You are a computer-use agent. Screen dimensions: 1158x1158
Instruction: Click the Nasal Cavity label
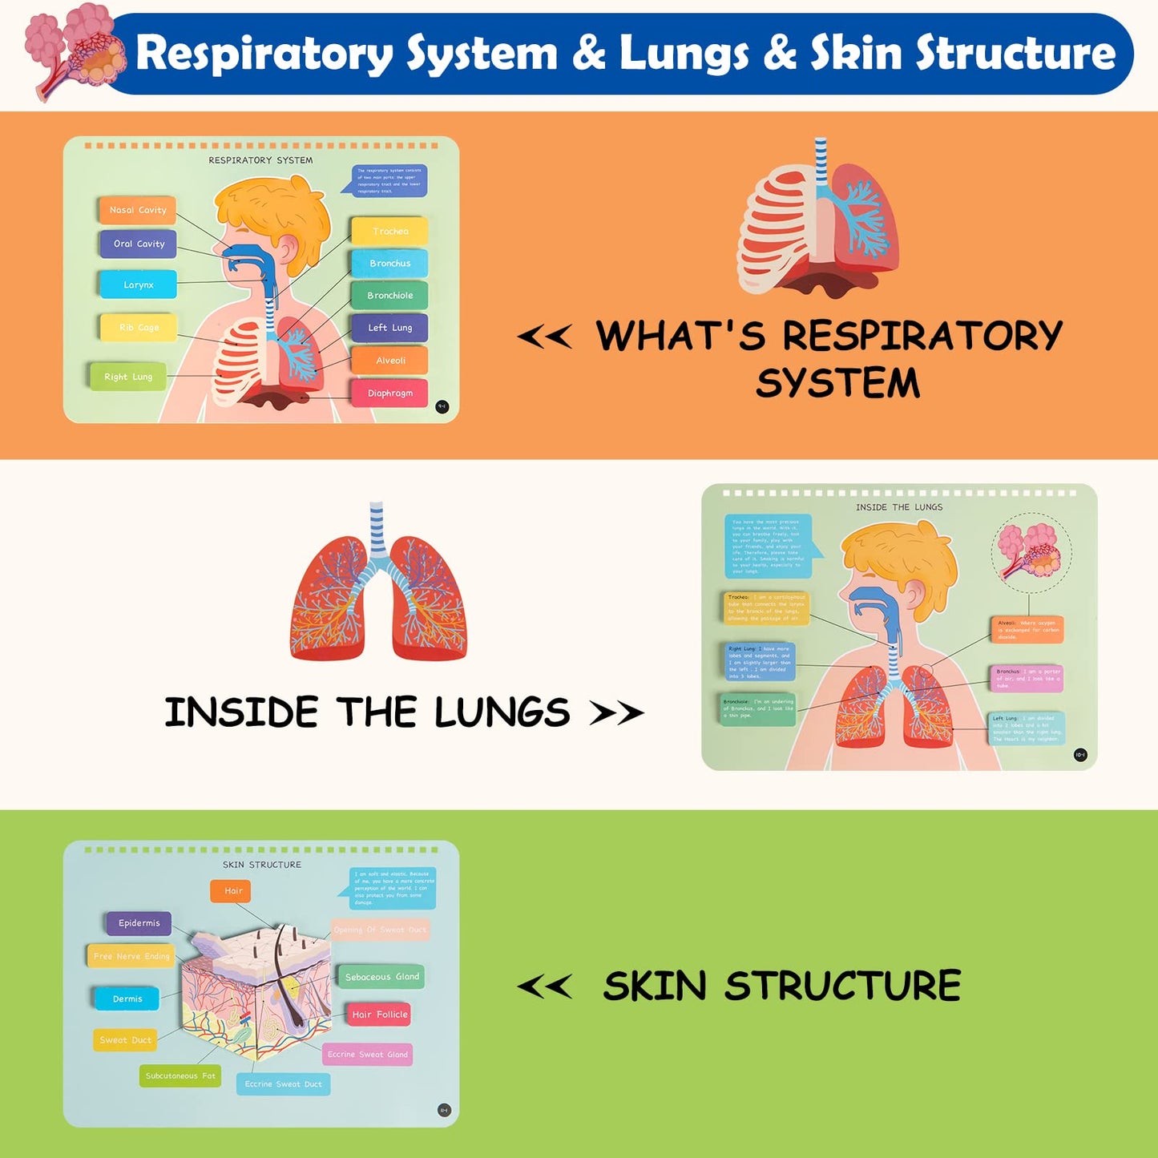(x=137, y=210)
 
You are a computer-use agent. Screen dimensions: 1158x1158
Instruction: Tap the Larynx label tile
(x=138, y=284)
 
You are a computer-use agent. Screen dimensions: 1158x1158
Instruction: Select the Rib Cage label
(x=139, y=327)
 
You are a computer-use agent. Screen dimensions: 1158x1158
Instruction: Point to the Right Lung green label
(x=127, y=377)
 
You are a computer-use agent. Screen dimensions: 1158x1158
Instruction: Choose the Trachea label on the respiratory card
(x=390, y=231)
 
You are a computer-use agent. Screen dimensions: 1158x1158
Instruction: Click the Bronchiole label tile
(x=389, y=295)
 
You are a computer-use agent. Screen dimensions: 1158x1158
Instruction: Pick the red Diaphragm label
(x=389, y=393)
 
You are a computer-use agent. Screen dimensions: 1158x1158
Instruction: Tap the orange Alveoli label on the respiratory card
(x=390, y=361)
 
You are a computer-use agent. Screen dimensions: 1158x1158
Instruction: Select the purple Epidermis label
(x=139, y=923)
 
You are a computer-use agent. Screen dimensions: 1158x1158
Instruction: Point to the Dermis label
(x=127, y=999)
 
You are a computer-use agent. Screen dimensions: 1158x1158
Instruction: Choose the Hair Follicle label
(x=379, y=1015)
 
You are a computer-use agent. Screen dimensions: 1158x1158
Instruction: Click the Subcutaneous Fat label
(x=180, y=1075)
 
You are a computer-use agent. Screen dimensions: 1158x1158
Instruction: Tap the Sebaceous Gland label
(x=381, y=977)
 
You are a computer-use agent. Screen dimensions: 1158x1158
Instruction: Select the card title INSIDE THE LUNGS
(x=899, y=507)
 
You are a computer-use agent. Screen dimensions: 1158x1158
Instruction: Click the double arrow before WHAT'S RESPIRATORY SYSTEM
(x=545, y=337)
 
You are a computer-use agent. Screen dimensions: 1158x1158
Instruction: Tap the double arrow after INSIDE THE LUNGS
(x=616, y=712)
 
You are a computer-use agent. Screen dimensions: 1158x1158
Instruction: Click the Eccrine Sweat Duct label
(x=283, y=1084)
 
